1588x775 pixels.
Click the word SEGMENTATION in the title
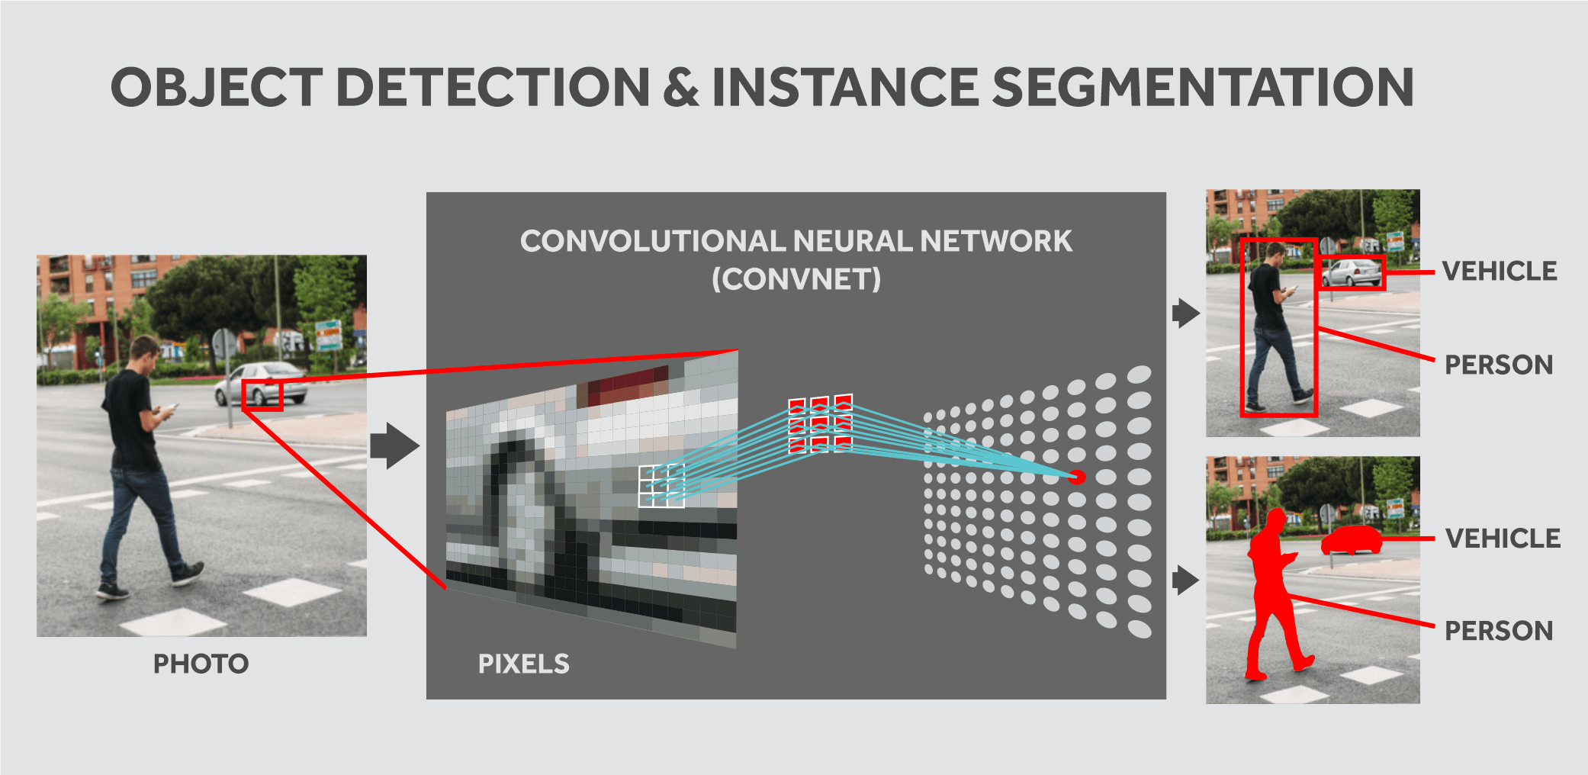click(x=1203, y=87)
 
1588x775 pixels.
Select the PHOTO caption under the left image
click(x=201, y=664)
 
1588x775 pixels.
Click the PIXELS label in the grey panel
click(x=523, y=664)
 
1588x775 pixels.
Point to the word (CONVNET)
click(x=796, y=279)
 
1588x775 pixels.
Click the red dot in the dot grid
click(x=1076, y=478)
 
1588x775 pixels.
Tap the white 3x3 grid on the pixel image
click(x=661, y=486)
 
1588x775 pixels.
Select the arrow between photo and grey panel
click(x=394, y=445)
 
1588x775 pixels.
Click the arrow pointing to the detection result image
click(x=1185, y=313)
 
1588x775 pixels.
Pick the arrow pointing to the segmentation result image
click(x=1185, y=580)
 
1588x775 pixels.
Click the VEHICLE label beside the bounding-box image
click(x=1499, y=272)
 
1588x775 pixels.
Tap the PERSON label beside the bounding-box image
click(x=1498, y=365)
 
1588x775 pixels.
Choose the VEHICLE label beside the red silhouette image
click(x=1502, y=539)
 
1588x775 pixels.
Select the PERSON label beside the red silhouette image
click(x=1498, y=631)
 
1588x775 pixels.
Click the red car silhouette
click(x=1351, y=539)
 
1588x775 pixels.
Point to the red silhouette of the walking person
click(x=1272, y=595)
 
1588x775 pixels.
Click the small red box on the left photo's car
click(x=262, y=396)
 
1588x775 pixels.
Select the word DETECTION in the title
click(x=493, y=87)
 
